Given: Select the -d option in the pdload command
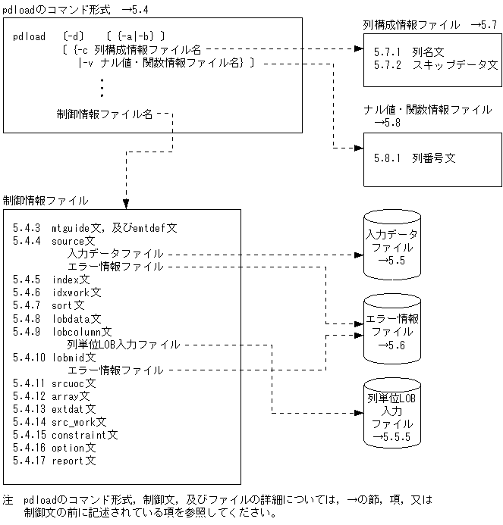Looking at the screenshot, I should (77, 36).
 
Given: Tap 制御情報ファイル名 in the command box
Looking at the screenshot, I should (105, 114).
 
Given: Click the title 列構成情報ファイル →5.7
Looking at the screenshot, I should (429, 25).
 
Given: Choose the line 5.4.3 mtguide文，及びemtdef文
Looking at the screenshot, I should (95, 227).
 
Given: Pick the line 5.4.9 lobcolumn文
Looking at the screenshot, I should (62, 331).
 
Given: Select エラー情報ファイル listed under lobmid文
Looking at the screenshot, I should (115, 370).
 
